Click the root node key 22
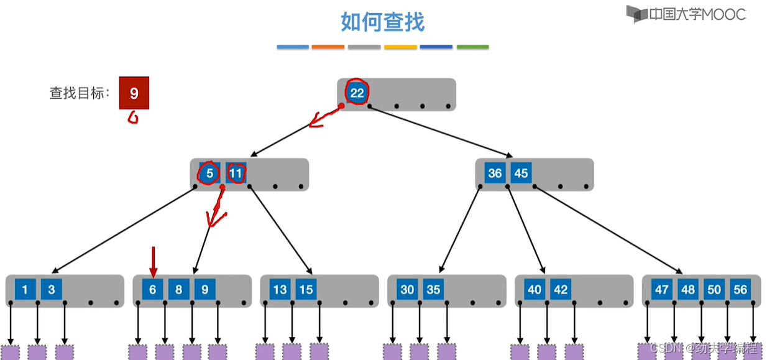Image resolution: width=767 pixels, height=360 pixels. point(357,93)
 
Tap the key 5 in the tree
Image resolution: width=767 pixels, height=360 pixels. point(209,173)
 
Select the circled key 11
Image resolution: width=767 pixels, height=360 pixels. point(236,173)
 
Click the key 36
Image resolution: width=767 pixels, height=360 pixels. point(495,173)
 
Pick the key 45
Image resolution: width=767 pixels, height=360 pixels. point(521,173)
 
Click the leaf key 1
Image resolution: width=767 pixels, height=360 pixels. point(25,290)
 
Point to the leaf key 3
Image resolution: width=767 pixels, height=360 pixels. point(52,290)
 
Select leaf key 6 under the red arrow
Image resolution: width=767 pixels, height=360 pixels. point(152,290)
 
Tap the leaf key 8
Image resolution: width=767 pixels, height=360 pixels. point(178,290)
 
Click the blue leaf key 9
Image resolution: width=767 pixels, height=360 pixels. point(204,290)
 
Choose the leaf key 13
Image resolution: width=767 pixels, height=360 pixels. point(280,290)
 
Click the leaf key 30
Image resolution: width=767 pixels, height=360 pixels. point(407,290)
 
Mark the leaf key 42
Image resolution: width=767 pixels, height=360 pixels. point(561,290)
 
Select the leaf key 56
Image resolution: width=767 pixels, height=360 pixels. point(740,290)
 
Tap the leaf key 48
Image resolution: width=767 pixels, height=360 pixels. point(688,290)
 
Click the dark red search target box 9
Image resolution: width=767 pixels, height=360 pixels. point(134,93)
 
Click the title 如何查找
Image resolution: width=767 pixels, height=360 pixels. point(382,22)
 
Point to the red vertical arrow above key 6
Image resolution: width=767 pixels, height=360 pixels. point(153,261)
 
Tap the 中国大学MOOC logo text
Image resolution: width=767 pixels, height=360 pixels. point(690,14)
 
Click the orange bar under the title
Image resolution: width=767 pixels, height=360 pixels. point(328,47)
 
